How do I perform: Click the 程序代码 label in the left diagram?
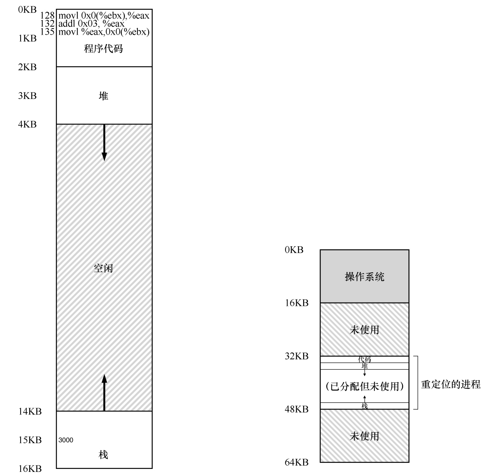pyautogui.click(x=103, y=49)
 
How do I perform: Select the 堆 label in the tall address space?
pyautogui.click(x=103, y=96)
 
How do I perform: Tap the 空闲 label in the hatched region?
pyautogui.click(x=103, y=268)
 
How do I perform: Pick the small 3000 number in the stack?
pyautogui.click(x=66, y=440)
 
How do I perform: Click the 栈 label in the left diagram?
pyautogui.click(x=103, y=455)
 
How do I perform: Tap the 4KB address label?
pyautogui.click(x=28, y=124)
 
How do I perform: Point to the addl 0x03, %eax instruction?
pyautogui.click(x=91, y=24)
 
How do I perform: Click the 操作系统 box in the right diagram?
pyautogui.click(x=364, y=276)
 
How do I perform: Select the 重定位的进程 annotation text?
pyautogui.click(x=451, y=385)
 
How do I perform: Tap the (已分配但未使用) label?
pyautogui.click(x=364, y=386)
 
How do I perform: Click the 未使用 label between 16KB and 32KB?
pyautogui.click(x=364, y=330)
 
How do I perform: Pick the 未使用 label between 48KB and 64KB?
pyautogui.click(x=364, y=436)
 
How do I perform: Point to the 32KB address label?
pyautogui.click(x=297, y=356)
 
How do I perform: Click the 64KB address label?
pyautogui.click(x=297, y=463)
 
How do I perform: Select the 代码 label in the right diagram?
pyautogui.click(x=364, y=360)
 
